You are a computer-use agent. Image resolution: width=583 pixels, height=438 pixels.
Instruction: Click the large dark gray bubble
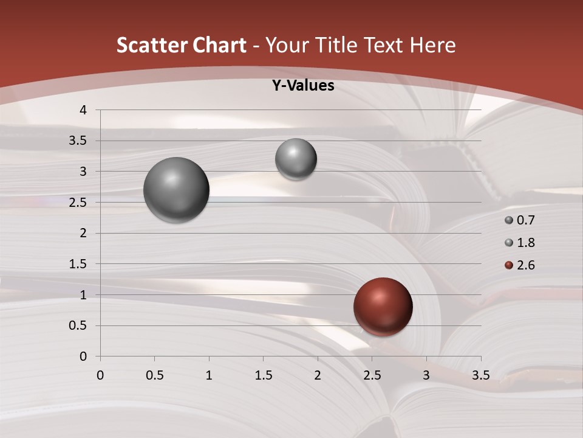pyautogui.click(x=177, y=190)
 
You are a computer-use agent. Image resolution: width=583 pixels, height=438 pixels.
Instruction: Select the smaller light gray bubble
pyautogui.click(x=296, y=159)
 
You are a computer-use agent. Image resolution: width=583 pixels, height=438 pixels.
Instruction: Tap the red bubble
pyautogui.click(x=383, y=307)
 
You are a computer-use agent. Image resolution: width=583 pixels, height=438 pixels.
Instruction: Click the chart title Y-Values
pyautogui.click(x=302, y=86)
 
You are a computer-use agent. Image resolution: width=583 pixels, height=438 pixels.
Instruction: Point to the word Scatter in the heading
pyautogui.click(x=152, y=46)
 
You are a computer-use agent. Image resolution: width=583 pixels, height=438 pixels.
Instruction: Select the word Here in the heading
pyautogui.click(x=432, y=46)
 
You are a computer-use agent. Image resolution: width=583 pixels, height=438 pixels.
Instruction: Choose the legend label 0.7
pyautogui.click(x=525, y=220)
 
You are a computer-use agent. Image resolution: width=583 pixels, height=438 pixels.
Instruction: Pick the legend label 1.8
pyautogui.click(x=525, y=243)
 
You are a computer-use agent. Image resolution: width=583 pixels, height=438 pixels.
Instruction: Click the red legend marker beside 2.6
pyautogui.click(x=509, y=265)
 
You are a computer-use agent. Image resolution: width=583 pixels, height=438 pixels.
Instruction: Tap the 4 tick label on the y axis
pyautogui.click(x=84, y=110)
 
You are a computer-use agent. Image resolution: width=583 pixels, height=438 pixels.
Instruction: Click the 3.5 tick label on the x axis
pyautogui.click(x=480, y=375)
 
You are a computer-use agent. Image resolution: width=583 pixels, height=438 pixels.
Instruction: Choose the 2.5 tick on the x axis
pyautogui.click(x=372, y=375)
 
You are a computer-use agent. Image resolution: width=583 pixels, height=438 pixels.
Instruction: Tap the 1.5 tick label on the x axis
pyautogui.click(x=263, y=375)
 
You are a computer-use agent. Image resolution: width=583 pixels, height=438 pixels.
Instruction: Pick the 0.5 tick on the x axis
pyautogui.click(x=154, y=375)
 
